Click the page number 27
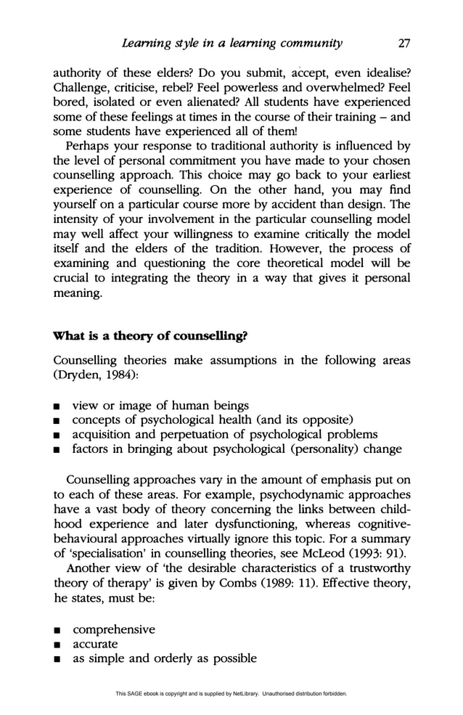(x=403, y=43)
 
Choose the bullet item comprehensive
(x=113, y=629)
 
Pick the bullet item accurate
(x=95, y=644)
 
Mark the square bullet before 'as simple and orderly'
(x=58, y=659)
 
